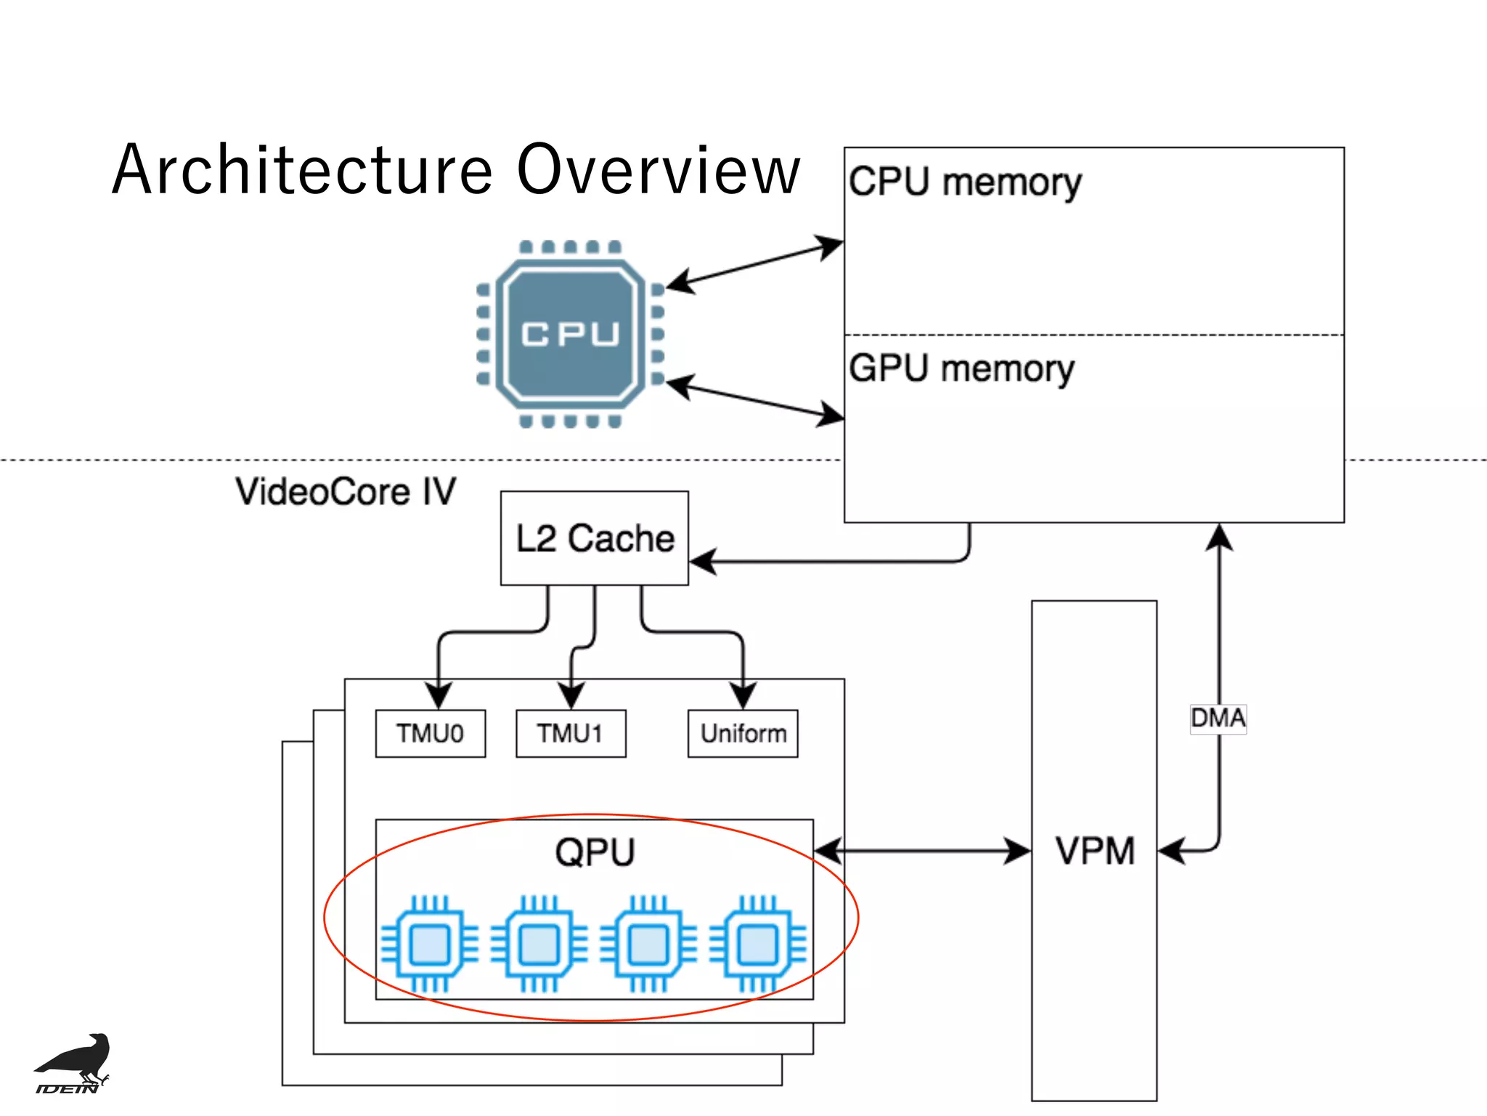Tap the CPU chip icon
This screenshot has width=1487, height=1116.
coord(570,334)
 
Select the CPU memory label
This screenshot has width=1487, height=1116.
coord(964,182)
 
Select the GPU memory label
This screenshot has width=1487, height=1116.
coord(961,368)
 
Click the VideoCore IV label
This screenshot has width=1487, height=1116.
coord(346,492)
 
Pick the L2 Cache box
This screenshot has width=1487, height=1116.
coord(595,538)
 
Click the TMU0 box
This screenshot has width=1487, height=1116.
coord(430,733)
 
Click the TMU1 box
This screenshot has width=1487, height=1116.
coord(571,733)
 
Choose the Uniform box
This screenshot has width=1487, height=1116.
coord(743,733)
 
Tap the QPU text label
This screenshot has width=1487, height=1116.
coord(595,852)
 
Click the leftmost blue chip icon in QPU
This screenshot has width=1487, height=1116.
coord(430,944)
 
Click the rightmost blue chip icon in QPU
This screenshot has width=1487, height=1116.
coord(758,944)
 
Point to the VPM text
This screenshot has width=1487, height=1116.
coord(1094,851)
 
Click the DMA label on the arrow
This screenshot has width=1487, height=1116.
coord(1218,719)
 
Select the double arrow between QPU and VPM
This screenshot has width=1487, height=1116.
coord(922,850)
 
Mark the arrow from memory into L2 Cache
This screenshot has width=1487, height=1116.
coord(835,561)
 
